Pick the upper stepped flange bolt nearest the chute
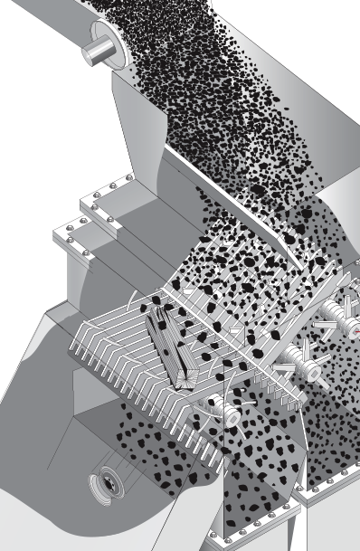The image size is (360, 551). pos(137,179)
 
